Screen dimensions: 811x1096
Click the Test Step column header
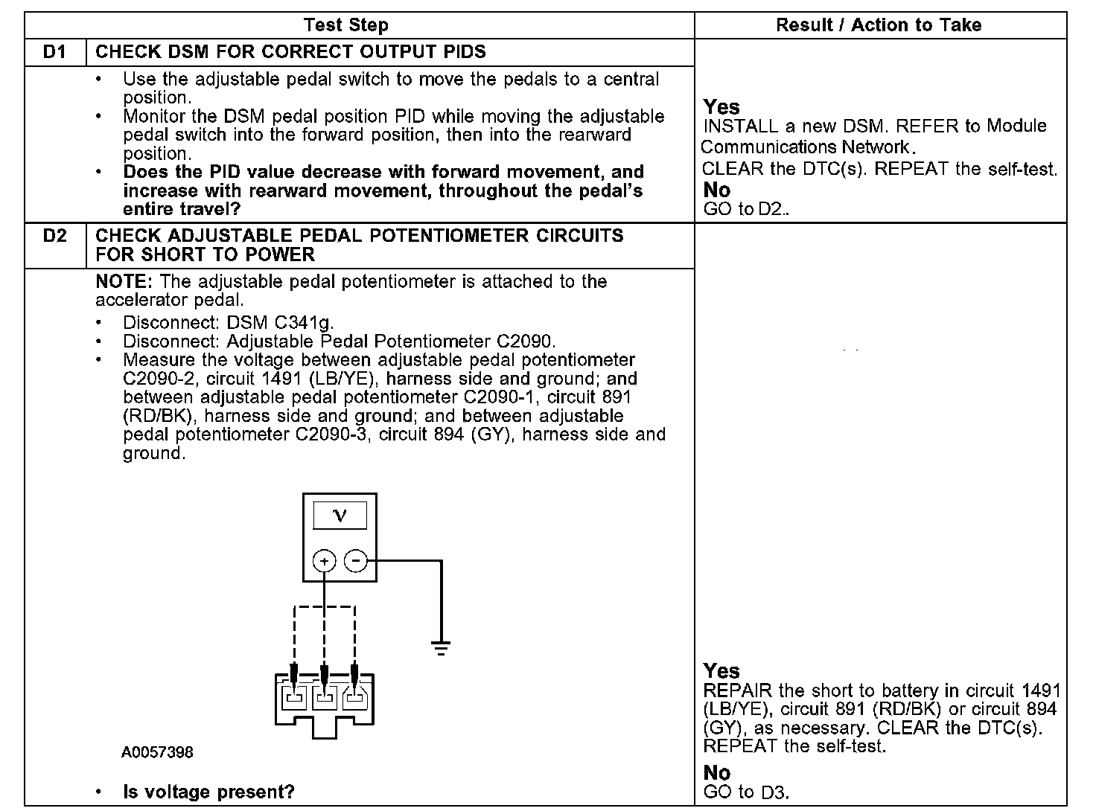tap(346, 25)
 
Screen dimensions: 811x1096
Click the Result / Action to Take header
tap(879, 25)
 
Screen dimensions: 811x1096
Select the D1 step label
tap(54, 52)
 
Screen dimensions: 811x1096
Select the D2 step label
tap(54, 236)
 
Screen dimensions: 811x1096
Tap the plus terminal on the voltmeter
tap(324, 560)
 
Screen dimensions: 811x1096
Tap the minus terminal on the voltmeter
tap(357, 560)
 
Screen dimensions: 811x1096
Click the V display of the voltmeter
tap(340, 515)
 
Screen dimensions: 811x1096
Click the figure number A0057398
tap(157, 752)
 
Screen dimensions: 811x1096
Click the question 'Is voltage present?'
tap(208, 792)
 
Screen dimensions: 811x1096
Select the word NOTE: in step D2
tap(124, 282)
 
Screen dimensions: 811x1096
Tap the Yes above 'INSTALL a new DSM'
tap(721, 107)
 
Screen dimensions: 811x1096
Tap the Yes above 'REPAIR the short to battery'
tap(721, 671)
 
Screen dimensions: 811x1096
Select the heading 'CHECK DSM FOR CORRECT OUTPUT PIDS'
tap(290, 52)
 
